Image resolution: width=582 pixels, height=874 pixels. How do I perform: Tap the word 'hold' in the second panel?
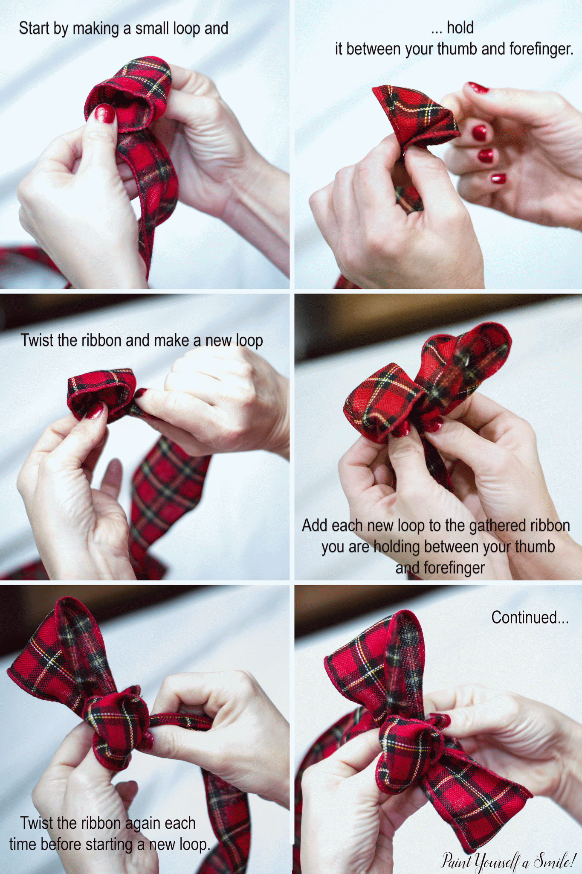point(460,28)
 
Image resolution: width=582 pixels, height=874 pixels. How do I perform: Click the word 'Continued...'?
point(530,617)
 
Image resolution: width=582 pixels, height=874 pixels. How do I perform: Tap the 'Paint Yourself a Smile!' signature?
point(508,860)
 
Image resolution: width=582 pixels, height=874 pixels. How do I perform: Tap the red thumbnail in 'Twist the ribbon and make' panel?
point(95,411)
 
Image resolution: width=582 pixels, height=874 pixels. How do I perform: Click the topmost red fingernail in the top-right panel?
point(478,88)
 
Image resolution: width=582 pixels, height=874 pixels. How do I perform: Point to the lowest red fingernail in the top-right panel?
point(498,178)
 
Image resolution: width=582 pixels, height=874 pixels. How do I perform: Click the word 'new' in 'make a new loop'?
point(219,341)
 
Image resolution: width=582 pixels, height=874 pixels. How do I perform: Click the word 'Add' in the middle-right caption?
point(315,525)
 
